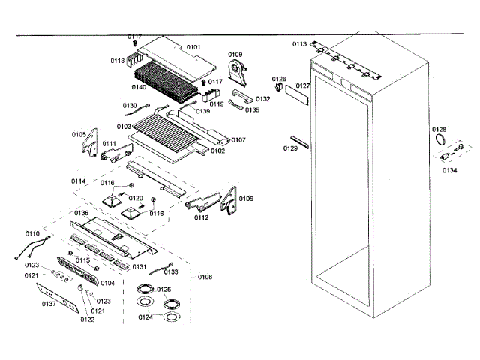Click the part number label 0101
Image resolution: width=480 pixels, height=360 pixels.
tap(193, 47)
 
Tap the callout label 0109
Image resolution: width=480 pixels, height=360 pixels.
tap(235, 55)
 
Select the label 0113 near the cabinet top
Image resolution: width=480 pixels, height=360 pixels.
tap(299, 44)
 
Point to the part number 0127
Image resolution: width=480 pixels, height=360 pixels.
tap(302, 86)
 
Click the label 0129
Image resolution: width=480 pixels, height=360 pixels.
tap(290, 149)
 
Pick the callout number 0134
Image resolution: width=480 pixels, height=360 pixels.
tap(449, 170)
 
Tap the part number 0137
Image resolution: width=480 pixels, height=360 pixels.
tap(49, 304)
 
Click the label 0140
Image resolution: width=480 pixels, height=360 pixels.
tap(139, 88)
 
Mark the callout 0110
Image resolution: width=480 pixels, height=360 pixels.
tap(32, 234)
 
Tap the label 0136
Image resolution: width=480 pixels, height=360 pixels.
tap(82, 213)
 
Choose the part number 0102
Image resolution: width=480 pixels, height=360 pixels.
tap(217, 151)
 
